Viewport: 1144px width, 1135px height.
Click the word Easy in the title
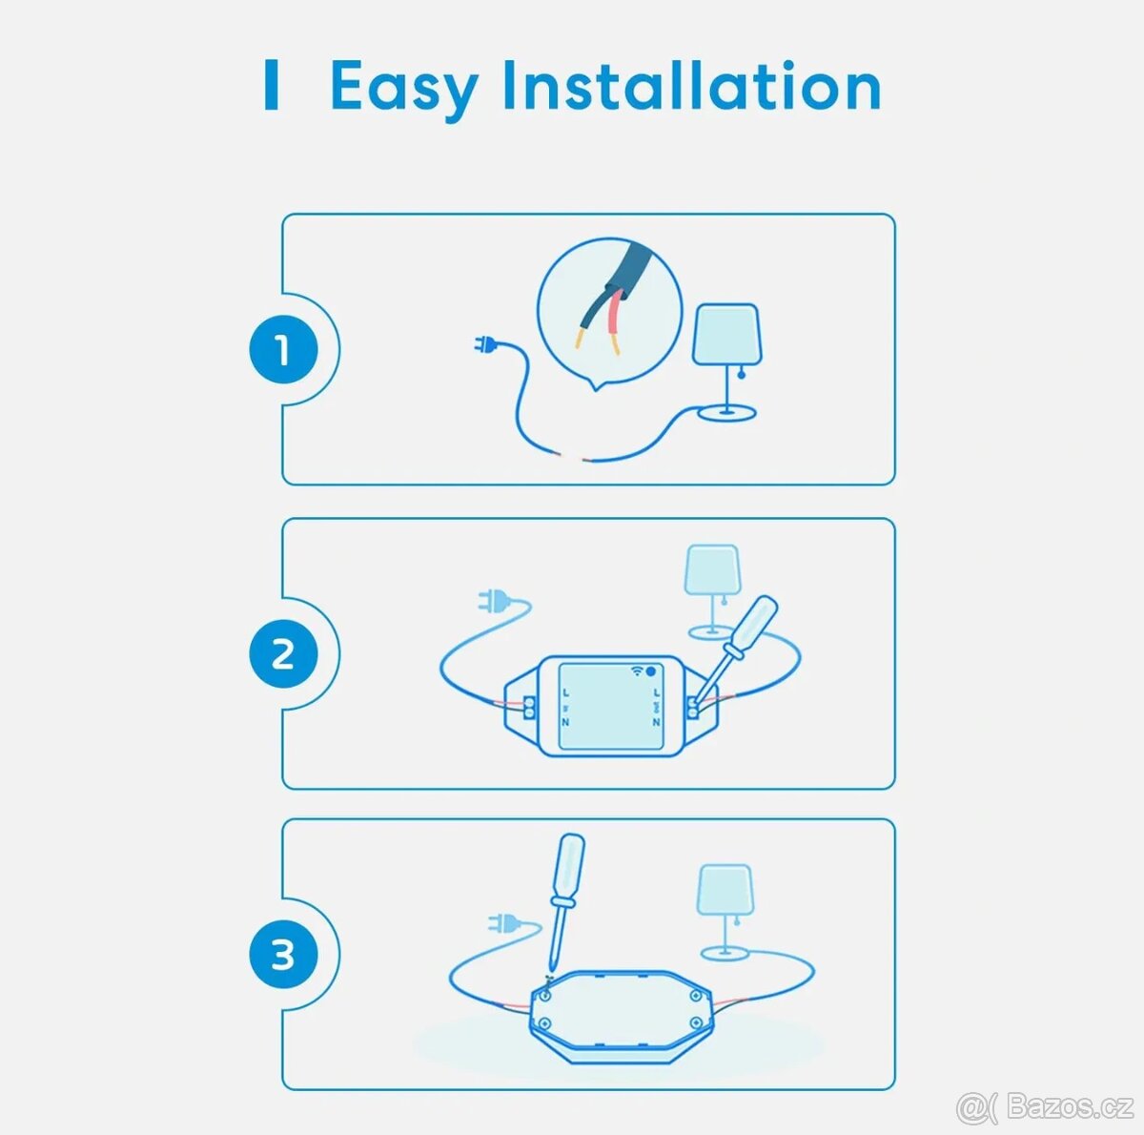403,89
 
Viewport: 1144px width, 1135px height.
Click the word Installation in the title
692,86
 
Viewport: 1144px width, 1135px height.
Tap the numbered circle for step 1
283,349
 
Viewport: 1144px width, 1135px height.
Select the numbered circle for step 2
283,653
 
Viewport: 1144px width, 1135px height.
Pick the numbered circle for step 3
283,955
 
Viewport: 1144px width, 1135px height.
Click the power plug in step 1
486,344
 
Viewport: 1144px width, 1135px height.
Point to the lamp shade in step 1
727,335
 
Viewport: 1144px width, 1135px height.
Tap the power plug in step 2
494,601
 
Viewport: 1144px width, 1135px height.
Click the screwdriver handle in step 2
756,625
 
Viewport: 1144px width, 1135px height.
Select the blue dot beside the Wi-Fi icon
651,671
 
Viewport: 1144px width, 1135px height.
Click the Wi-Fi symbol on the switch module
637,671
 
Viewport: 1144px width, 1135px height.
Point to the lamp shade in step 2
712,569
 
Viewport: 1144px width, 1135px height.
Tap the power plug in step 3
503,923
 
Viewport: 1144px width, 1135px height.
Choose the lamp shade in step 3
725,890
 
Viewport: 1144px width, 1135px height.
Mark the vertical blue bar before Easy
272,84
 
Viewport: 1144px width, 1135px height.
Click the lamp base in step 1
726,412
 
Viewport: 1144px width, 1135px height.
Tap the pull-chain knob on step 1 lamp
742,375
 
